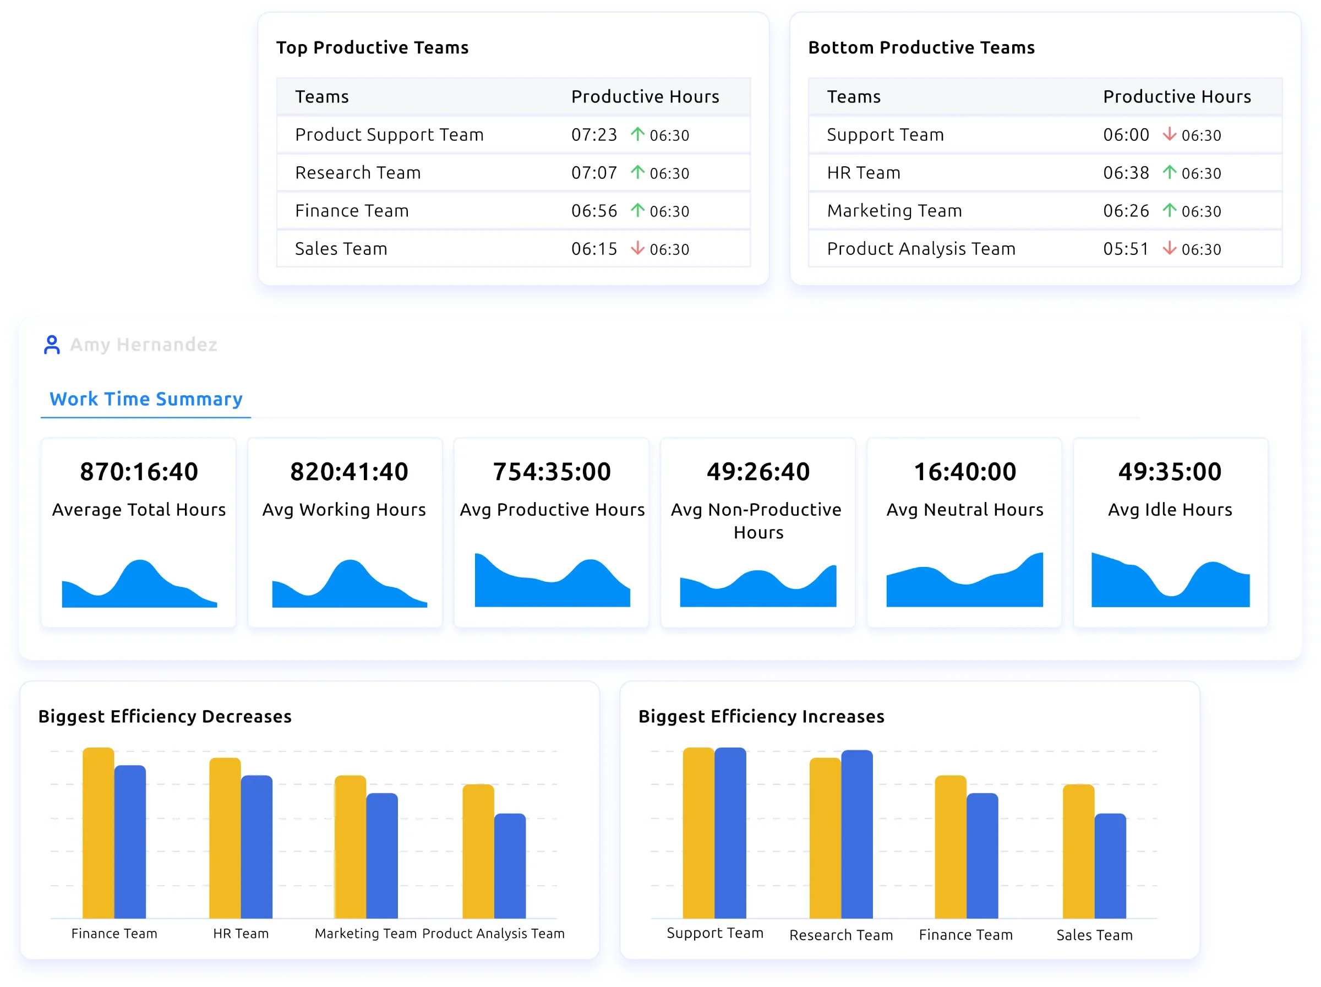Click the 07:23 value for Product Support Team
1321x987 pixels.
click(x=593, y=135)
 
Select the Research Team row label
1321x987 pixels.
click(x=358, y=173)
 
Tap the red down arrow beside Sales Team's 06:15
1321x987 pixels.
click(x=637, y=248)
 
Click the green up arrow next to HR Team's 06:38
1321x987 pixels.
click(x=1169, y=172)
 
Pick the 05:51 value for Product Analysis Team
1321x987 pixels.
click(x=1126, y=249)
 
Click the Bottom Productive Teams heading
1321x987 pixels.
click(x=921, y=48)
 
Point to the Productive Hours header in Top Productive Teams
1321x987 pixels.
click(x=645, y=97)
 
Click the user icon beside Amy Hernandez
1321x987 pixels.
click(x=52, y=345)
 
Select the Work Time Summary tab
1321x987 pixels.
click(x=146, y=399)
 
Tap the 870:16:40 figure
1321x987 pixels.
click(x=139, y=472)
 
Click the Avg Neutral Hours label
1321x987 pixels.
click(x=964, y=510)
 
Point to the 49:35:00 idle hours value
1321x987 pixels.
click(x=1169, y=472)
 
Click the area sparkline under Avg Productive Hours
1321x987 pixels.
click(x=552, y=585)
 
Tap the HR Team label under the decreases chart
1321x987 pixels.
click(x=241, y=934)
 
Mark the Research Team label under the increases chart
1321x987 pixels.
click(x=841, y=935)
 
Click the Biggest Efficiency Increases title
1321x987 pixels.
click(x=761, y=717)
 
